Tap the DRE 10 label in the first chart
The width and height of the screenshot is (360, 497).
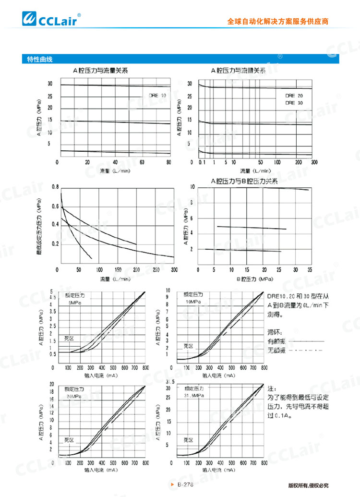point(157,95)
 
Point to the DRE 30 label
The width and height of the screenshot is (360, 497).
point(294,103)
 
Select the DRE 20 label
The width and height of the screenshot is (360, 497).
point(294,96)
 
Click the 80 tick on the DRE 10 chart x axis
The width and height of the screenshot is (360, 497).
point(168,162)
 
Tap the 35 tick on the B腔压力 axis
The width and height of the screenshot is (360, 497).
point(310,270)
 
